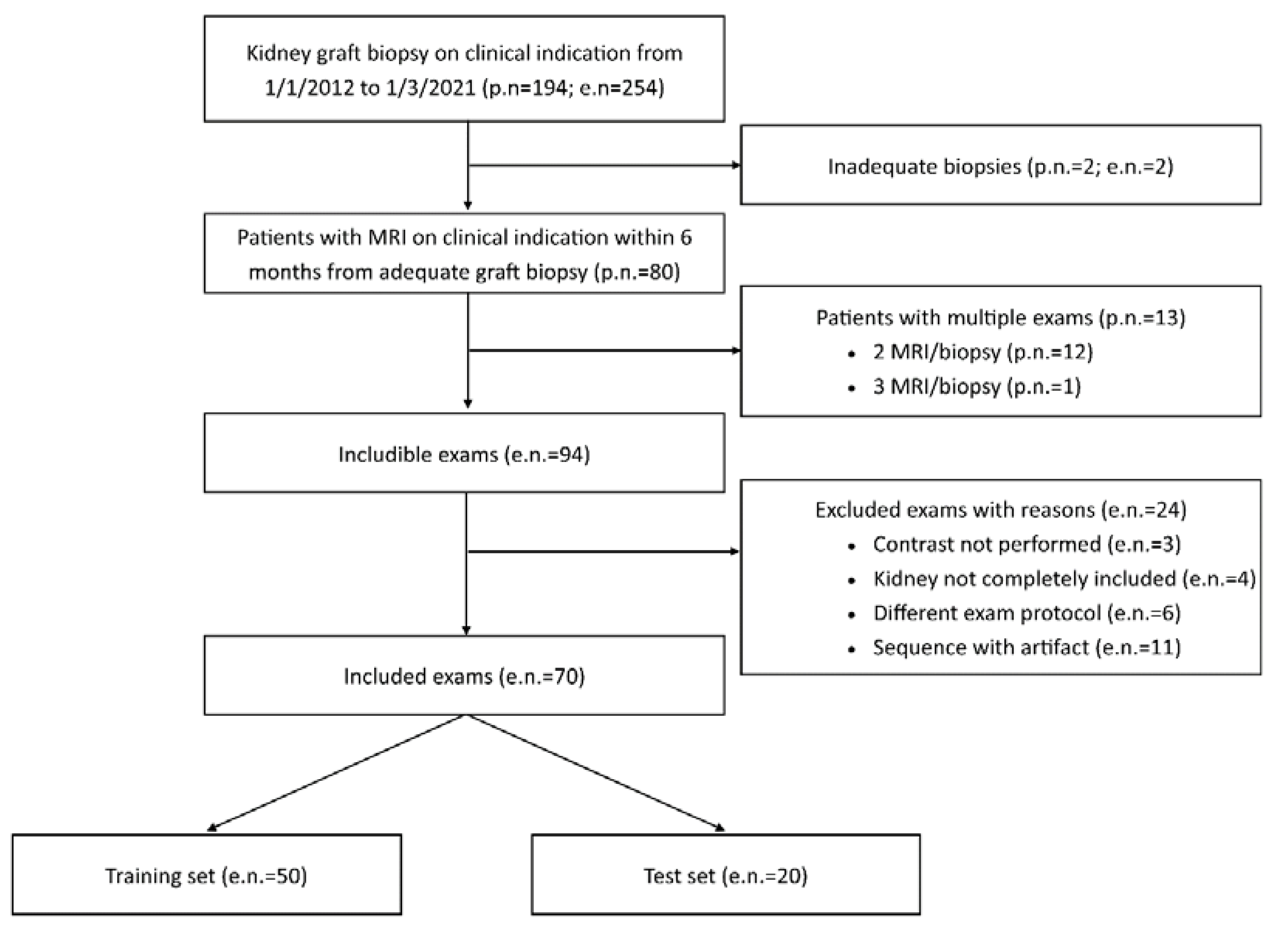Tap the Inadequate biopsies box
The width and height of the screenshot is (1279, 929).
[1001, 166]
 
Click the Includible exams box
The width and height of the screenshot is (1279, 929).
[464, 454]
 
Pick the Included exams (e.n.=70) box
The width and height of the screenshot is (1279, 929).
[464, 676]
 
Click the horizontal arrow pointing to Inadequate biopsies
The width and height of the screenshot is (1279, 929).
[603, 165]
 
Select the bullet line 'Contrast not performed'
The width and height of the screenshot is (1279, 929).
[1026, 544]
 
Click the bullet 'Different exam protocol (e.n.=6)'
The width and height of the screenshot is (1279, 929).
[1026, 612]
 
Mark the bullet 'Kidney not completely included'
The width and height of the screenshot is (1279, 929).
[1064, 578]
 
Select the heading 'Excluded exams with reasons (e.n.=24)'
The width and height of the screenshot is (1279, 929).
[1001, 510]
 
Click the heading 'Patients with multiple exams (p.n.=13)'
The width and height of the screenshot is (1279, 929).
[1001, 317]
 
